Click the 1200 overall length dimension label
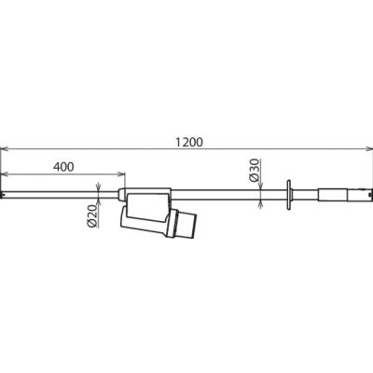(189, 142)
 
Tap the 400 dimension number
(63, 167)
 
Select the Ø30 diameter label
(254, 170)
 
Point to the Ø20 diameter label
(93, 216)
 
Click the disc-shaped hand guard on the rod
(288, 195)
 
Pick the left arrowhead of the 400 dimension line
(5, 173)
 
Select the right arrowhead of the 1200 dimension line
(368, 149)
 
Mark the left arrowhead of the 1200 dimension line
(5, 149)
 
